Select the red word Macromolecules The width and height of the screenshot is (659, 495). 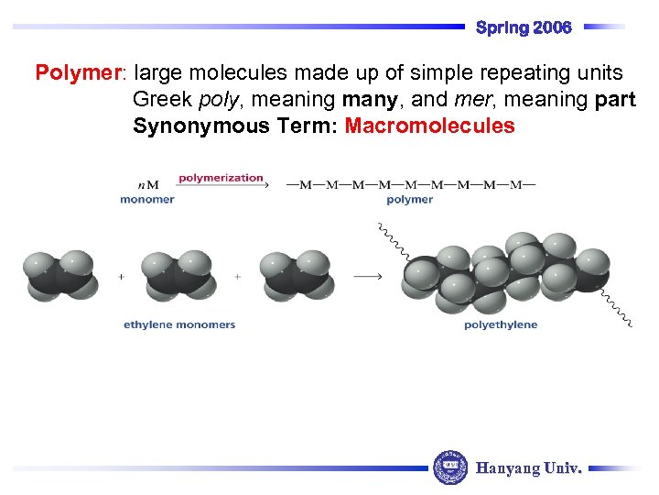pyautogui.click(x=429, y=126)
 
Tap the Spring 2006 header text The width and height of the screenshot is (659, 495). pyautogui.click(x=524, y=27)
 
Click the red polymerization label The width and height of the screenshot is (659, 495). pyautogui.click(x=221, y=178)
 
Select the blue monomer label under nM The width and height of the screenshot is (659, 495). pyautogui.click(x=146, y=200)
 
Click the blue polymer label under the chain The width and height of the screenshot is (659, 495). pyautogui.click(x=410, y=200)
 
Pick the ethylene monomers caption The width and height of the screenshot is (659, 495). pyautogui.click(x=179, y=324)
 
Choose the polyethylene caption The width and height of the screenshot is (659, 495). pyautogui.click(x=501, y=324)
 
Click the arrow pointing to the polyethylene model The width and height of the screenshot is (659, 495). pyautogui.click(x=367, y=276)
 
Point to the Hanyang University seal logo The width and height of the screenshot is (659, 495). pyautogui.click(x=449, y=467)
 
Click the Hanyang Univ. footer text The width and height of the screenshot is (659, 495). pyautogui.click(x=528, y=468)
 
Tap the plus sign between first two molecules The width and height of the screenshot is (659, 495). pyautogui.click(x=121, y=276)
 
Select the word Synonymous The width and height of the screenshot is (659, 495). pyautogui.click(x=189, y=126)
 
